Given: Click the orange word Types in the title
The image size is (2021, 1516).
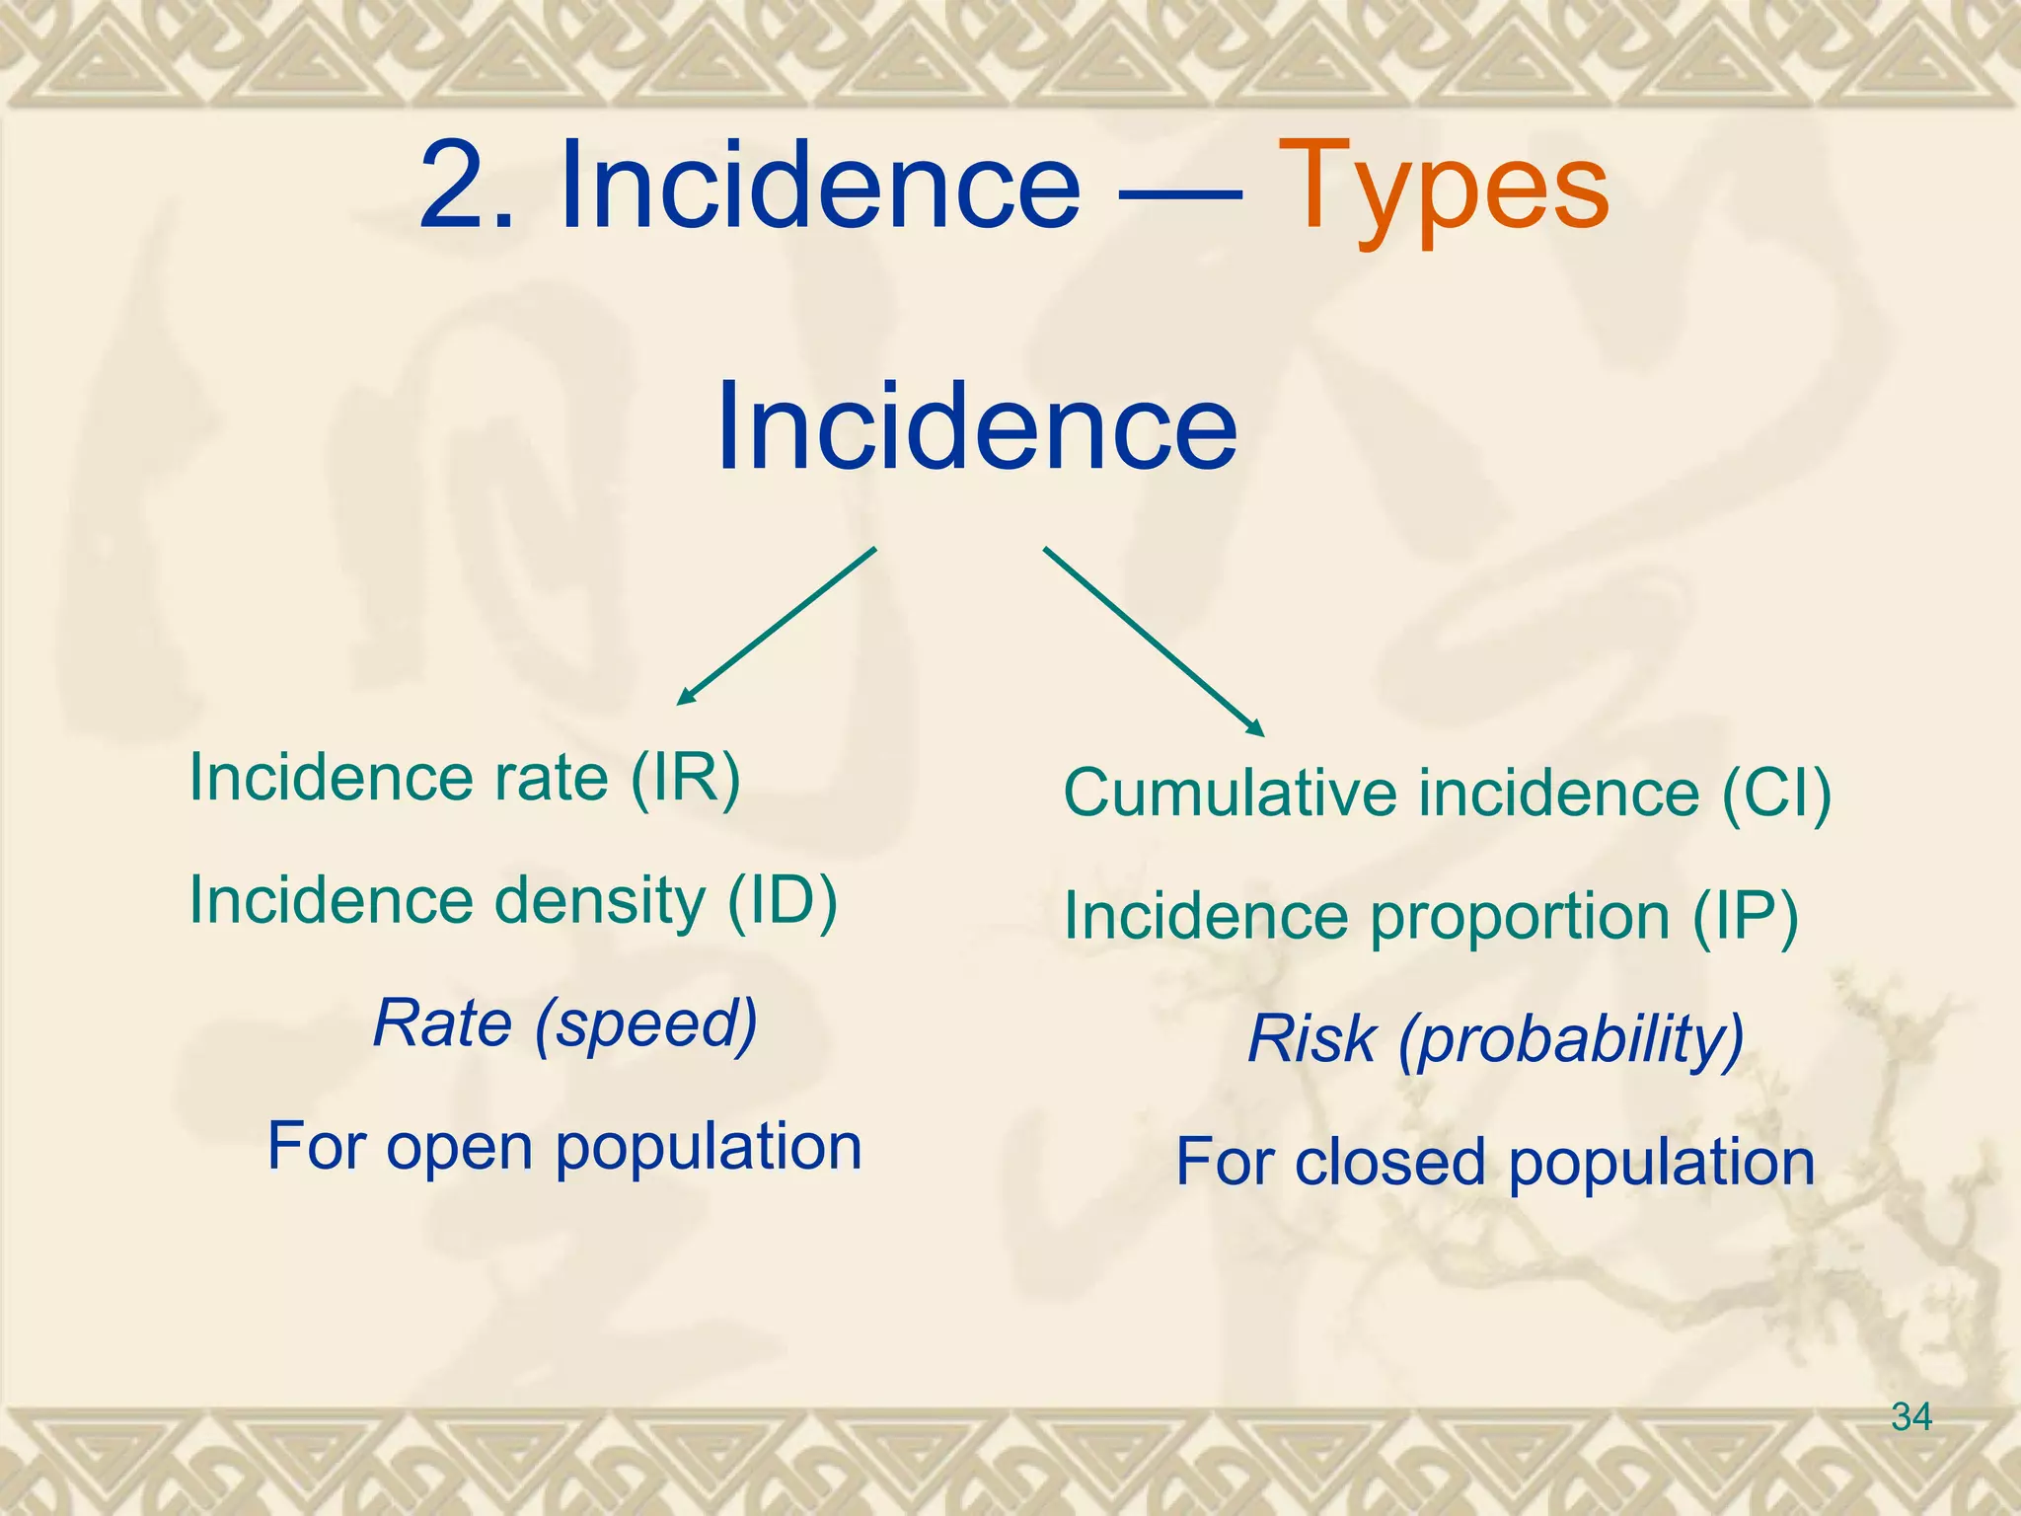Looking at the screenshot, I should tap(1445, 188).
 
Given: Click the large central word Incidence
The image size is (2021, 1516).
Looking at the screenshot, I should tap(976, 426).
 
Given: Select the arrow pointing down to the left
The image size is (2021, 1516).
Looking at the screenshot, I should tap(776, 627).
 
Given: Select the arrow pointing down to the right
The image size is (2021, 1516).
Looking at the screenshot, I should tap(1154, 642).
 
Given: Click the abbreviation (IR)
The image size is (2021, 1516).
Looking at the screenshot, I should tap(685, 778).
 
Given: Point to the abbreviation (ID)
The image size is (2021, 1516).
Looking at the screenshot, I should tap(782, 900).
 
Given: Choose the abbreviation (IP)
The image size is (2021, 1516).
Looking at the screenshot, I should tap(1746, 916).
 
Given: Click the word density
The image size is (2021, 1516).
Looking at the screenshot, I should tap(599, 900).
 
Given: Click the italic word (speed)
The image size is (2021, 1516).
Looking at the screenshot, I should tap(645, 1024).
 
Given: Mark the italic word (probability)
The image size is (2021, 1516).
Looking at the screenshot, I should tap(1571, 1040).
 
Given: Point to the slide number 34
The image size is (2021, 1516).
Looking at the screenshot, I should tap(1911, 1417).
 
